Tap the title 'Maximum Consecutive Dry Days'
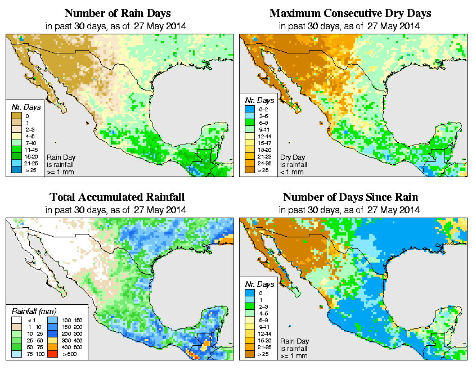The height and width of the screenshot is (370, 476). pyautogui.click(x=351, y=13)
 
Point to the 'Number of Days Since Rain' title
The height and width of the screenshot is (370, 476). pyautogui.click(x=351, y=197)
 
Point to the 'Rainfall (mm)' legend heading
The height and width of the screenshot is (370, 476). pyautogui.click(x=33, y=310)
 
